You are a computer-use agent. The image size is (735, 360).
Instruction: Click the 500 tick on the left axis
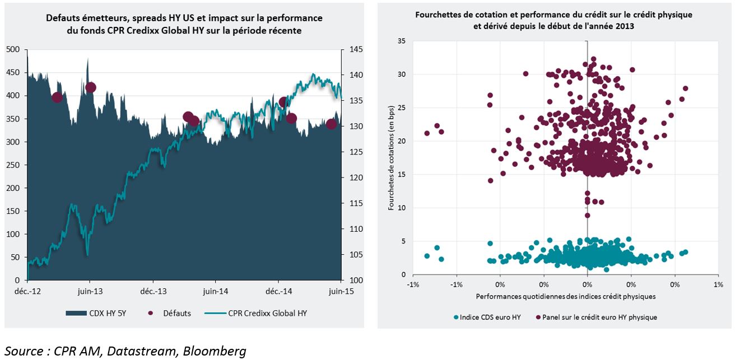pyautogui.click(x=13, y=49)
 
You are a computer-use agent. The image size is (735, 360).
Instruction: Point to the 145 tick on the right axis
pyautogui.click(x=356, y=49)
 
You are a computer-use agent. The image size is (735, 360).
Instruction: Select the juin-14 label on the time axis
pyautogui.click(x=215, y=291)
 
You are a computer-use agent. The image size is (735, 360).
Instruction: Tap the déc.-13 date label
pyautogui.click(x=153, y=291)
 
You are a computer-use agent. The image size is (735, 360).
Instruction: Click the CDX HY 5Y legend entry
pyautogui.click(x=96, y=313)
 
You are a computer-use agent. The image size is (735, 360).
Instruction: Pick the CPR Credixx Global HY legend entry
pyautogui.click(x=255, y=313)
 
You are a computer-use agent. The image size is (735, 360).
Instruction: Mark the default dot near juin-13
pyautogui.click(x=91, y=87)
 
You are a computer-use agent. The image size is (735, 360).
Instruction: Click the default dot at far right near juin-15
pyautogui.click(x=331, y=124)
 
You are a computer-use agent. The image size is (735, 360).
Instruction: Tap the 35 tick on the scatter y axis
pyautogui.click(x=401, y=41)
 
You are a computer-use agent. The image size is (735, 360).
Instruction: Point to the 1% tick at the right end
pyautogui.click(x=718, y=284)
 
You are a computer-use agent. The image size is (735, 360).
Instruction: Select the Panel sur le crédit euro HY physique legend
pyautogui.click(x=596, y=317)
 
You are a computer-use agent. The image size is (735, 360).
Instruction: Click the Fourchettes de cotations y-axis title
pyautogui.click(x=391, y=158)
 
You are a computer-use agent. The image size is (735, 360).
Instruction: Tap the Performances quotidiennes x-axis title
pyautogui.click(x=566, y=296)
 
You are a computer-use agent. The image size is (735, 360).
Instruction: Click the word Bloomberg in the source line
pyautogui.click(x=214, y=351)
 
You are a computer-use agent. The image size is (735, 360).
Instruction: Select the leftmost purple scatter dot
pyautogui.click(x=427, y=133)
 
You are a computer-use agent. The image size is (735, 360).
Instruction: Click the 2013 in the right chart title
pyautogui.click(x=625, y=26)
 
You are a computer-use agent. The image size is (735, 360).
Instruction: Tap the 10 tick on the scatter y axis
pyautogui.click(x=401, y=208)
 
